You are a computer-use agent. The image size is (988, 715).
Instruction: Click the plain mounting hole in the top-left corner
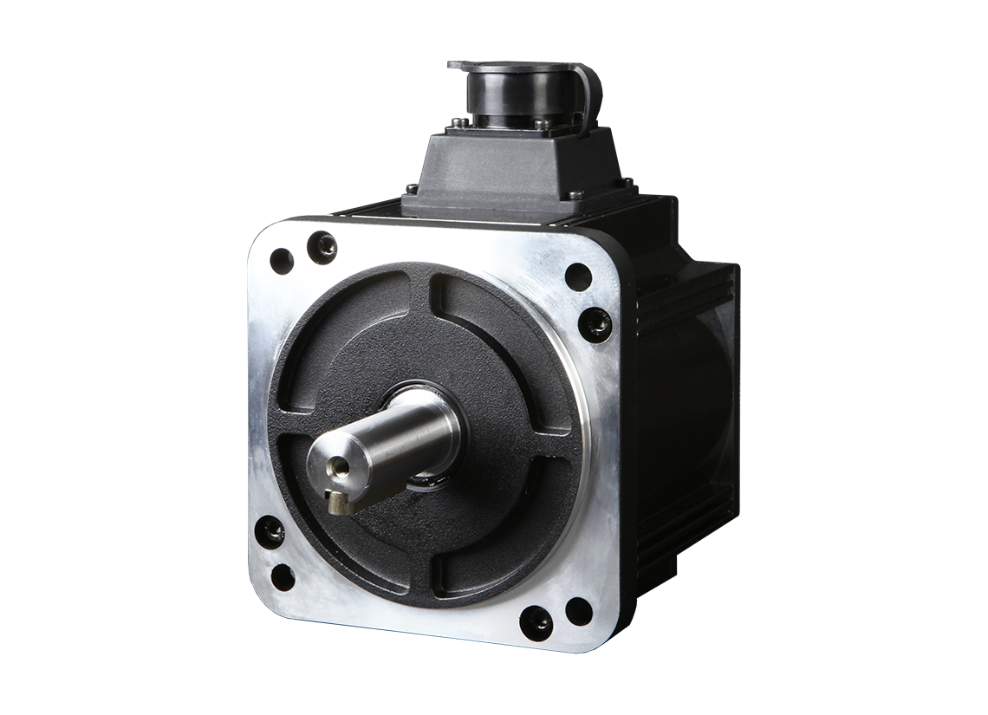(282, 259)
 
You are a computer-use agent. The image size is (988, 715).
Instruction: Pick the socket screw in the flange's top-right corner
(595, 323)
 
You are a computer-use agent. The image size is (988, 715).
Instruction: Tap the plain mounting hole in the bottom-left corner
(283, 576)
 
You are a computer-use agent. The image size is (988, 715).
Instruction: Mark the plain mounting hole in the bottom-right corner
(579, 611)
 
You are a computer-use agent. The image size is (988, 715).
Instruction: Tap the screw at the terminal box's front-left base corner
(413, 183)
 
